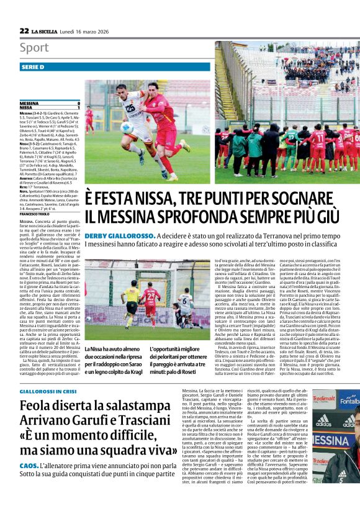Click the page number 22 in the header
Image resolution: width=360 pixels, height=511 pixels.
tap(24, 30)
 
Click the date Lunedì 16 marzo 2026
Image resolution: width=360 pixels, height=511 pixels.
tap(88, 31)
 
